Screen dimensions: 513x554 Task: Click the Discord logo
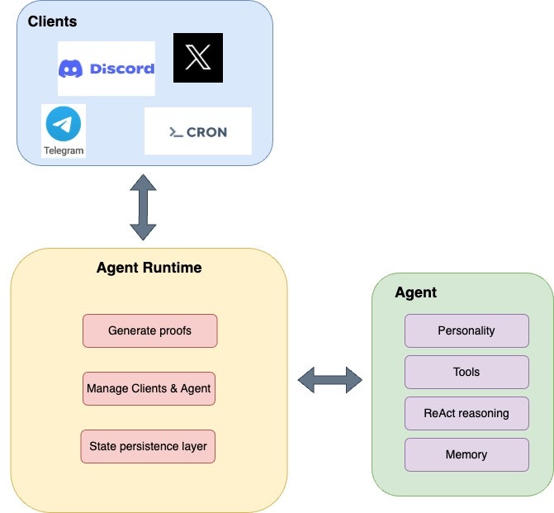[106, 69]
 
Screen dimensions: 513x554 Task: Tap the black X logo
[198, 58]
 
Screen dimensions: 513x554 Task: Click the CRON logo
[197, 131]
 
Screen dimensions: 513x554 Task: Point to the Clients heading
[52, 21]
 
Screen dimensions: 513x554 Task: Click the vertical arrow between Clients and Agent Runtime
[143, 207]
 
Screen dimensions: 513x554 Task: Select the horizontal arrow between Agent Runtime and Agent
[329, 380]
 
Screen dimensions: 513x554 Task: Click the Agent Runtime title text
[149, 268]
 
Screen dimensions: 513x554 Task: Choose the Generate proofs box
[149, 330]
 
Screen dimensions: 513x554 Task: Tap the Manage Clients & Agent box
[149, 388]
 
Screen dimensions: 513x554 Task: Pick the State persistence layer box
[149, 446]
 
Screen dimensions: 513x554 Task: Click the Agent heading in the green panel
[415, 292]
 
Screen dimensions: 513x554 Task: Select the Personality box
[466, 330]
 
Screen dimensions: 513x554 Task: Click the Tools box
[466, 372]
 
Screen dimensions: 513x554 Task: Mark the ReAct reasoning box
[466, 413]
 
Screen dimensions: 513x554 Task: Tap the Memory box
[466, 454]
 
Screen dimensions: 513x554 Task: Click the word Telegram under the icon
[64, 150]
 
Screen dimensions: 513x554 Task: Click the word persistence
[153, 446]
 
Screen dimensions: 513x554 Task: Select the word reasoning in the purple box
[483, 413]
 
